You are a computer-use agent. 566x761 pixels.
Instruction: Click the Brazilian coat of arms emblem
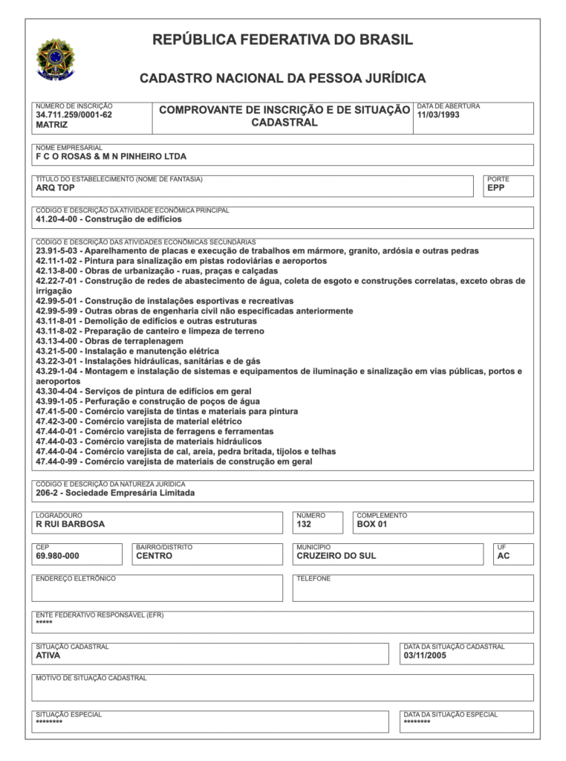click(56, 59)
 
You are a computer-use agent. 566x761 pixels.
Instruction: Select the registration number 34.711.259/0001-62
click(74, 115)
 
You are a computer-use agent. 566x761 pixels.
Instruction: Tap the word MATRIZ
click(52, 126)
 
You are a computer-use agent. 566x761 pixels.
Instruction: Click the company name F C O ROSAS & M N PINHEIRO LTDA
click(111, 157)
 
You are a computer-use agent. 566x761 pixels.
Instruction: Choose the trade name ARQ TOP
click(55, 188)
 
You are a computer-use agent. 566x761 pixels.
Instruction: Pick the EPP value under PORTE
click(495, 188)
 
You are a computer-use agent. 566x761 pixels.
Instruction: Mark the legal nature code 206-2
click(47, 493)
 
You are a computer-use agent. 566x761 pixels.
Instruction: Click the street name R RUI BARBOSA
click(71, 524)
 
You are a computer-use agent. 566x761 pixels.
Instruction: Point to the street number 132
click(304, 524)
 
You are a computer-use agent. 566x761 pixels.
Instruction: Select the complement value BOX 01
click(372, 524)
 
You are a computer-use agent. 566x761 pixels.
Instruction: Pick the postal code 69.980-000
click(57, 556)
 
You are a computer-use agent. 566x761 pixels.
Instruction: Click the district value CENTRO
click(154, 556)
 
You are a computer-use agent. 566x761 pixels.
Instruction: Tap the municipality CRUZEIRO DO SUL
click(336, 556)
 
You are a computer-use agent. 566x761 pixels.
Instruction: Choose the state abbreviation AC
click(504, 556)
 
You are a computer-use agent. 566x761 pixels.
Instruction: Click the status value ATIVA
click(48, 656)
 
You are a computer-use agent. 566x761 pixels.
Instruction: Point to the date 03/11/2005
click(425, 656)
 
